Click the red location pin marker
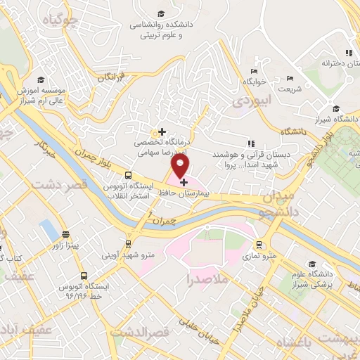[x=181, y=166]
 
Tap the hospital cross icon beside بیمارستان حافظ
[x=184, y=183]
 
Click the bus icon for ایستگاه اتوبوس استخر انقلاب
[x=127, y=176]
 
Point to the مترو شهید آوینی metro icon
[x=127, y=243]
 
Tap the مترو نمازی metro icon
[x=259, y=245]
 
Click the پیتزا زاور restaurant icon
[x=65, y=235]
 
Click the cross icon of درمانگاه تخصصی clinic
[x=162, y=131]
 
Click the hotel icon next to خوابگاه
[x=254, y=71]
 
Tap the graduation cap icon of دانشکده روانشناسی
[x=161, y=13]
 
